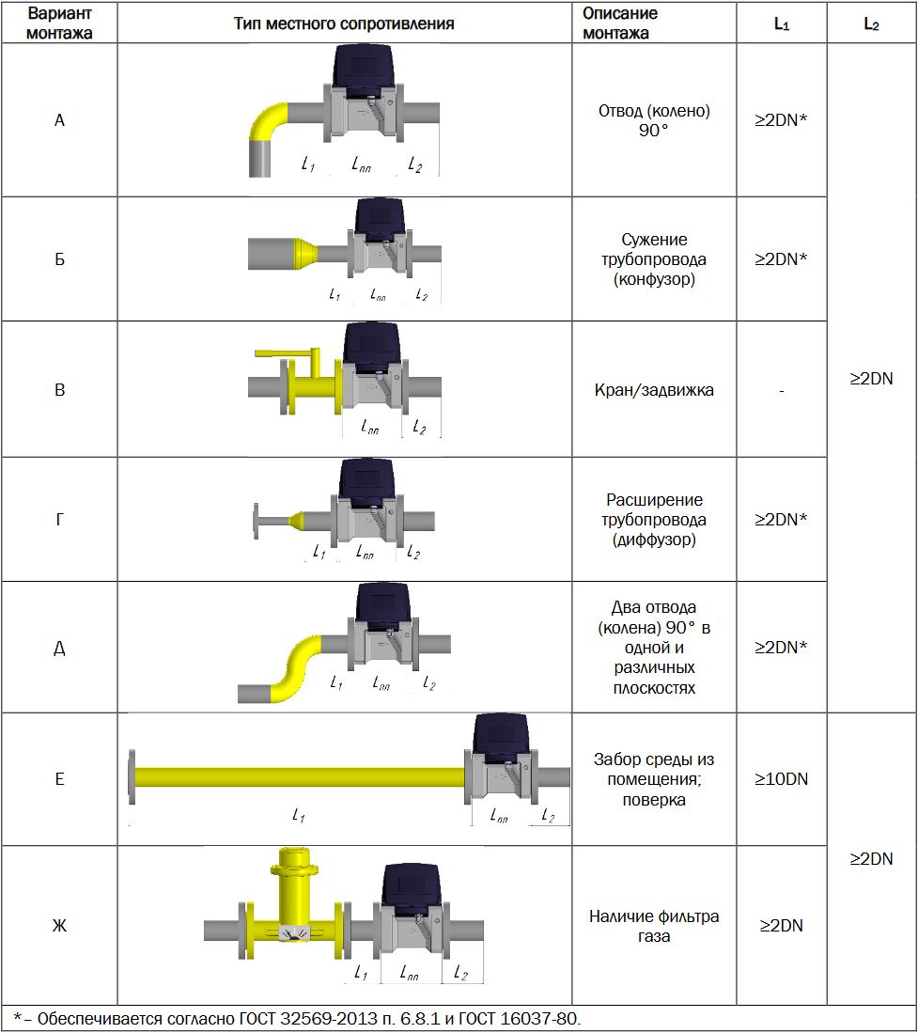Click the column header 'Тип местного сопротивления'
[x=344, y=23]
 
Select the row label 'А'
[x=59, y=121]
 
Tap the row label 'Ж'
[x=59, y=926]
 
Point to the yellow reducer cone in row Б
[x=303, y=254]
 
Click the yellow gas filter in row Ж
[x=296, y=902]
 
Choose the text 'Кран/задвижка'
[x=654, y=390]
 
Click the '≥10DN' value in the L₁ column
[x=781, y=779]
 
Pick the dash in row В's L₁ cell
[x=781, y=390]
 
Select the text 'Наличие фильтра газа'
[x=654, y=926]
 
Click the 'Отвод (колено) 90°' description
[x=654, y=121]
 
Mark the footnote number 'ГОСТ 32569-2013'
[x=301, y=1019]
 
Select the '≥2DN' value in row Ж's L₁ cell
[x=781, y=926]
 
